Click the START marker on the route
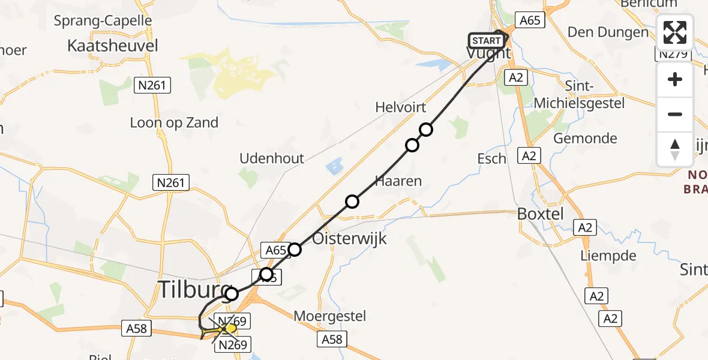click(x=485, y=41)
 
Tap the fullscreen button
click(x=675, y=32)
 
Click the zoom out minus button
click(x=675, y=114)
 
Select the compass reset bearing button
click(x=675, y=149)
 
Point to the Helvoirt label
click(x=400, y=107)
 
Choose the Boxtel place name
click(x=541, y=214)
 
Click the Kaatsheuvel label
click(x=113, y=46)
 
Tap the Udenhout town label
click(x=272, y=158)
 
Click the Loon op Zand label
click(x=174, y=123)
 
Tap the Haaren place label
click(x=398, y=181)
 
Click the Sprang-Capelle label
click(x=103, y=21)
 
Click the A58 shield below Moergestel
click(x=331, y=340)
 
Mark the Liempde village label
click(x=608, y=256)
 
